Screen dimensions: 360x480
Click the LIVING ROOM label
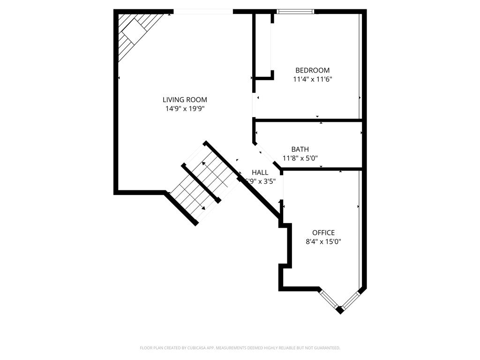point(185,99)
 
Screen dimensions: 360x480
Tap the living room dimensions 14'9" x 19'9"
point(185,108)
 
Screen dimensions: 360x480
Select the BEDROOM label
point(312,70)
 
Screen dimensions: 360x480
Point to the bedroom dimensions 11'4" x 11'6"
point(312,79)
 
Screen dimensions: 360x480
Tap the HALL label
point(260,172)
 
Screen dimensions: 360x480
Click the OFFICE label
point(323,232)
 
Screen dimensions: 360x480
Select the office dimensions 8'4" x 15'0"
point(323,242)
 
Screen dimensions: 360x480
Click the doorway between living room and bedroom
point(254,105)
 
